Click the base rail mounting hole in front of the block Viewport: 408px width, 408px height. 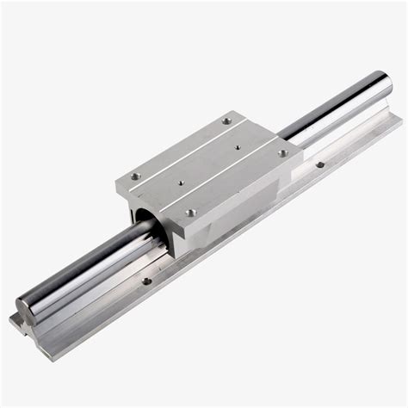(x=146, y=280)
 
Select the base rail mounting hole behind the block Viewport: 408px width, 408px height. (x=319, y=164)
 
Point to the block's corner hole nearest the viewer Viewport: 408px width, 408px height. (x=191, y=212)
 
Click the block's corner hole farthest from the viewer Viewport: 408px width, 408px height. (x=226, y=121)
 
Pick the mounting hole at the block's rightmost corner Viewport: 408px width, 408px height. (x=282, y=153)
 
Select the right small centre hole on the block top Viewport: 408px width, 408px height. (x=238, y=147)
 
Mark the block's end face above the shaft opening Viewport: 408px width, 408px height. (x=151, y=200)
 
